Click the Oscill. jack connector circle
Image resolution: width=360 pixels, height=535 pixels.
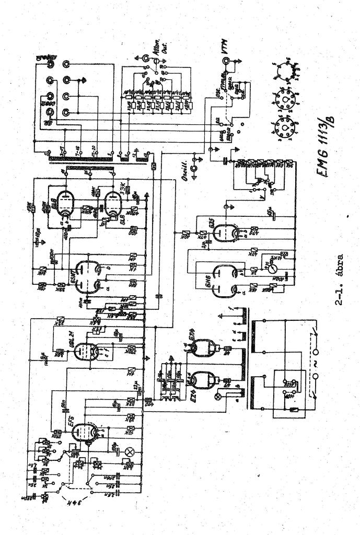pyautogui.click(x=194, y=168)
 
